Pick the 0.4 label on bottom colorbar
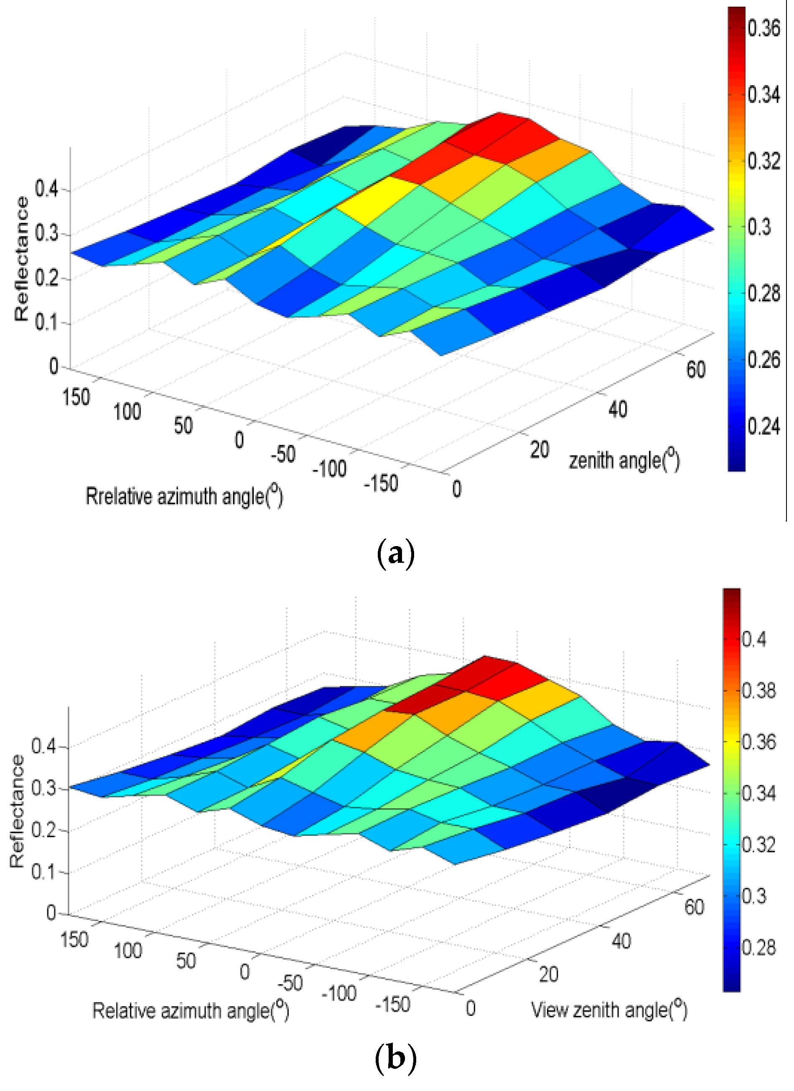(x=754, y=639)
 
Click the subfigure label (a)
(x=395, y=554)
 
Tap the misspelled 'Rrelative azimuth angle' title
(x=184, y=496)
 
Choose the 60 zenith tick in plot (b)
(x=694, y=907)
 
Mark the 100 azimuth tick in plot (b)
(x=127, y=951)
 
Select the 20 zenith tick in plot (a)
(x=539, y=450)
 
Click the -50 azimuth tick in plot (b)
(x=290, y=982)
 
